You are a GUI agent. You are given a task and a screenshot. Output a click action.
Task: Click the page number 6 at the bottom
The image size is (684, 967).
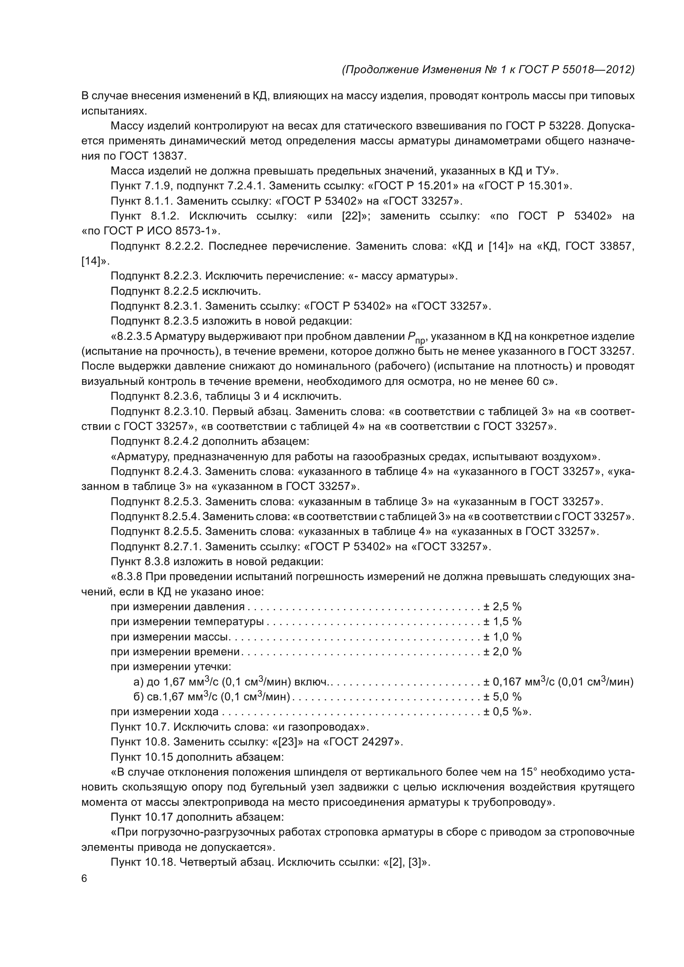84,879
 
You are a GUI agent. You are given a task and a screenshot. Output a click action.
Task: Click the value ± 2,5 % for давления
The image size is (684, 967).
502,606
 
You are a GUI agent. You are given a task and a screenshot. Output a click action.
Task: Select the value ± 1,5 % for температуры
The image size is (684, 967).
502,621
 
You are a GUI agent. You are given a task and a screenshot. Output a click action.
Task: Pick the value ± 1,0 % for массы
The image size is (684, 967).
502,636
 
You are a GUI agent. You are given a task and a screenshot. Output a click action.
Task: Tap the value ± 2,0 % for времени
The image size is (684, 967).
502,652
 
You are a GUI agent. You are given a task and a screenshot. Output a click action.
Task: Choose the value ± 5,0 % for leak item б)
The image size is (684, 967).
502,697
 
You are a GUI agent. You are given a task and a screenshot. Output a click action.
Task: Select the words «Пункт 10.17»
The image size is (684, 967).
142,817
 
